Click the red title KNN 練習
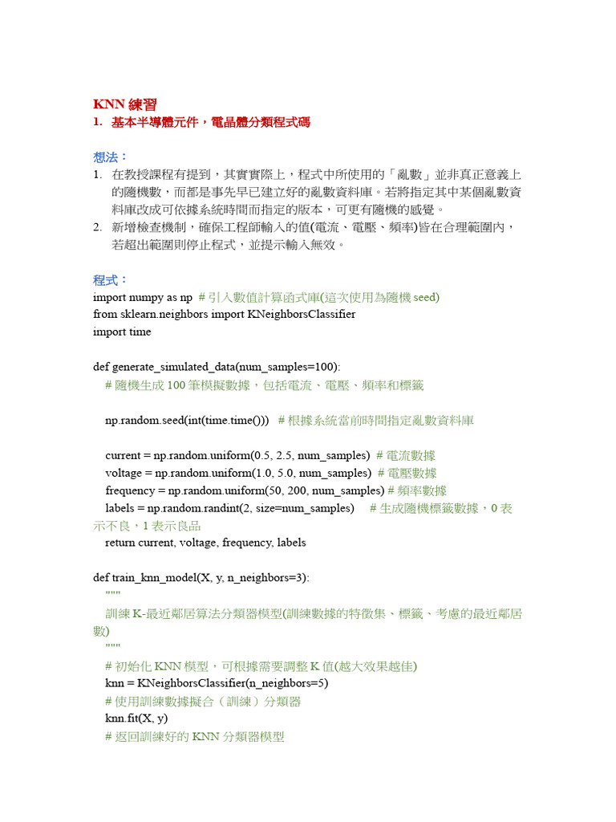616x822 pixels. (x=124, y=104)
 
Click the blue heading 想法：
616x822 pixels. (x=111, y=157)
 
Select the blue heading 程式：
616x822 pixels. (x=111, y=280)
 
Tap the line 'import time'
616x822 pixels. (x=122, y=332)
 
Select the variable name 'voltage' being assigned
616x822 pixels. (x=124, y=473)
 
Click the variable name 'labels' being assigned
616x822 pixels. (x=120, y=508)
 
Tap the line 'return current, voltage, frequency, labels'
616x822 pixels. (x=205, y=543)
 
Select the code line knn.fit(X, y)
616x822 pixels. (x=136, y=718)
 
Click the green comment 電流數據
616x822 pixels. (x=413, y=455)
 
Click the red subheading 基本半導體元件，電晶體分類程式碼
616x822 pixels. (x=210, y=123)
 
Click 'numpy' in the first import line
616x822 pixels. (x=145, y=297)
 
